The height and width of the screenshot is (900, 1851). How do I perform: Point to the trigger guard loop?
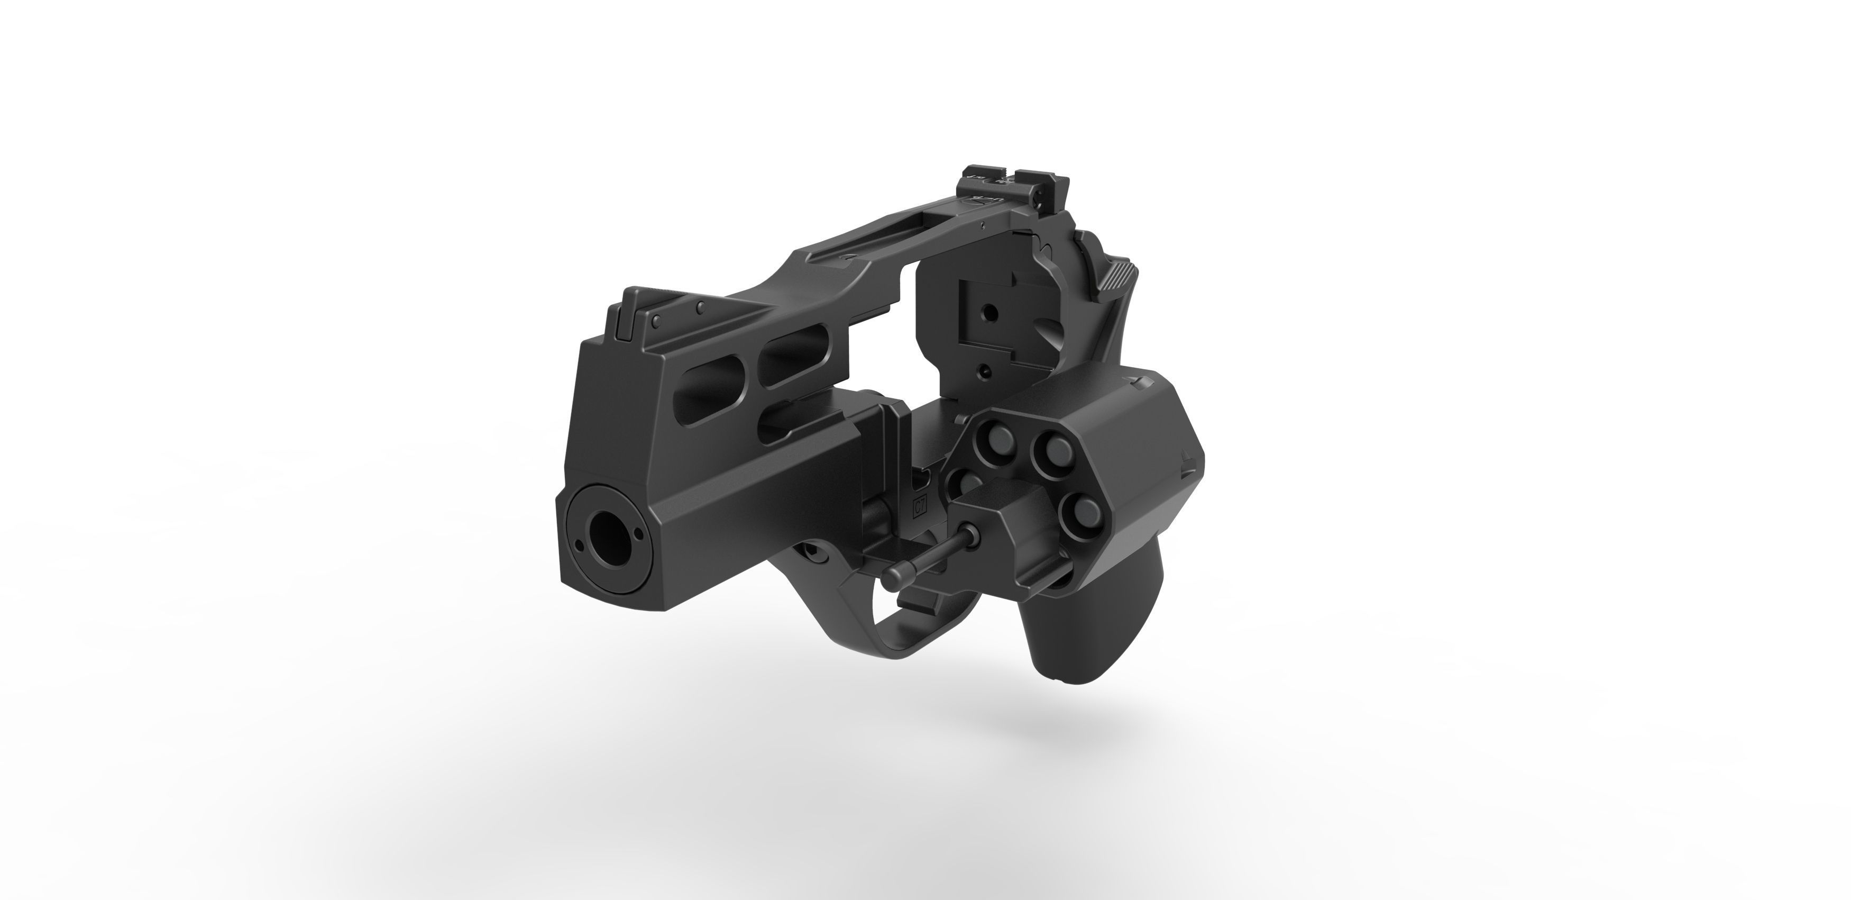(x=891, y=618)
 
